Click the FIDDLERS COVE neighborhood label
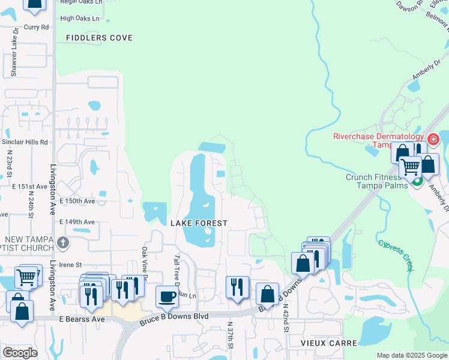[103, 38]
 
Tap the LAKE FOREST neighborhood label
[199, 223]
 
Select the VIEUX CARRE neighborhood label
[329, 343]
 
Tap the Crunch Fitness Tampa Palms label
[373, 181]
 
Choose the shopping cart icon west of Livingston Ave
[26, 277]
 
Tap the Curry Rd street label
[36, 27]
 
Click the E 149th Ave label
[77, 222]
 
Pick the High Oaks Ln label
[80, 19]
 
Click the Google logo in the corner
[20, 353]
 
